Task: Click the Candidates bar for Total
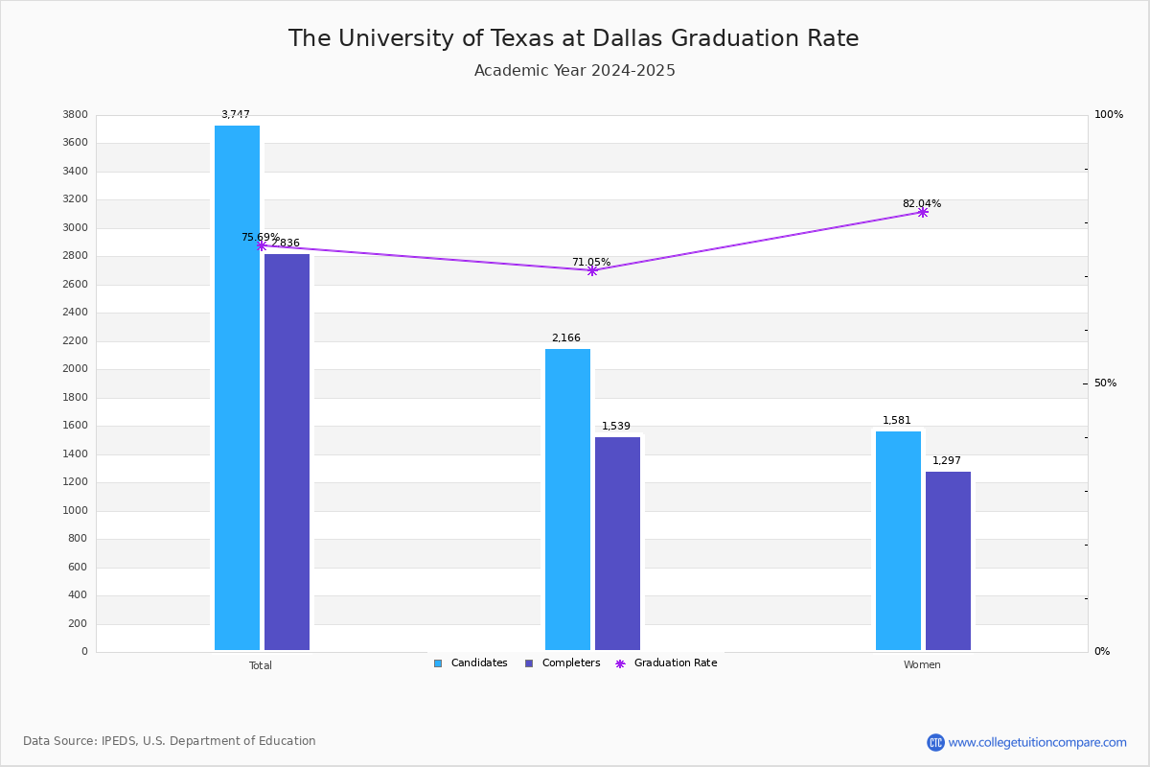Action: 237,387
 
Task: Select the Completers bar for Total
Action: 287,452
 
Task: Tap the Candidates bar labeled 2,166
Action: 567,499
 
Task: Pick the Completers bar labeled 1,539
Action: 617,543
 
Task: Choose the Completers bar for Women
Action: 948,560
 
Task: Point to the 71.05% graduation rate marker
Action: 592,270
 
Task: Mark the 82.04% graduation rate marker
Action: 922,212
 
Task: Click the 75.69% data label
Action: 260,237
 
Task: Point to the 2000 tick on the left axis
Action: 76,369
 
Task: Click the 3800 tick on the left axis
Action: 76,115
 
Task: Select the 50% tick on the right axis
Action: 1105,383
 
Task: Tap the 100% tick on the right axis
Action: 1108,115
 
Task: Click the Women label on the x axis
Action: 922,665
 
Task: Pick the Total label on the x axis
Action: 261,665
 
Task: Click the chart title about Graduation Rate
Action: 574,38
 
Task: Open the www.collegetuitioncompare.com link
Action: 1037,742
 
